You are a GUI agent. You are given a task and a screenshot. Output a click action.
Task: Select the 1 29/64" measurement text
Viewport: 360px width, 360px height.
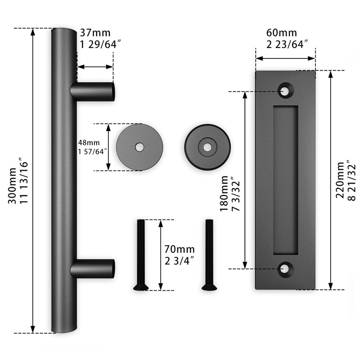click(101, 44)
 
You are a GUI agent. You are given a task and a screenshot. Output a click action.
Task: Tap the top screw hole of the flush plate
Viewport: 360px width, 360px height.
click(285, 90)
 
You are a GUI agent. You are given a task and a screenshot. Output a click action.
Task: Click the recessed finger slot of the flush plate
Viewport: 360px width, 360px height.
click(285, 180)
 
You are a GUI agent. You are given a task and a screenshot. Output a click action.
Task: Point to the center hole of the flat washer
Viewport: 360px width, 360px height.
click(140, 147)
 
